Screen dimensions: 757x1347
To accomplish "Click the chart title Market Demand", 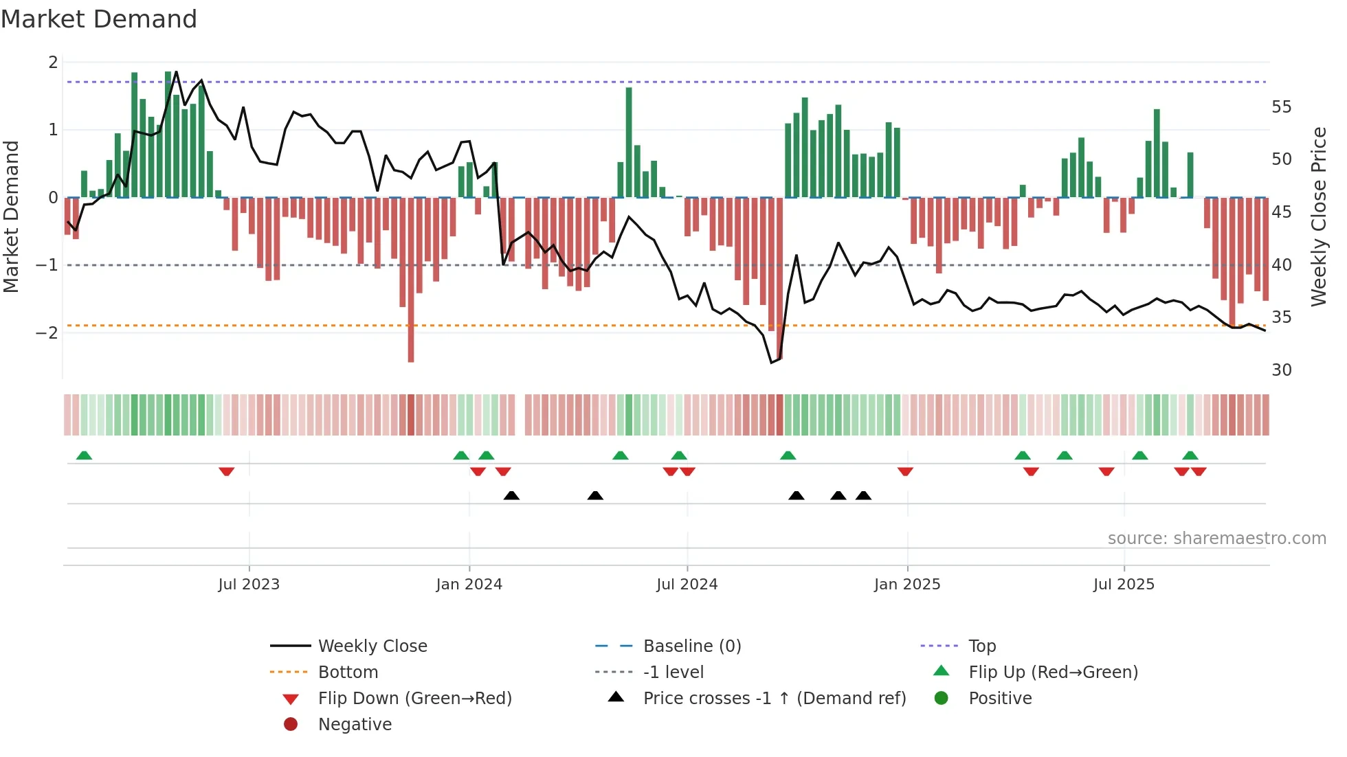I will pos(99,19).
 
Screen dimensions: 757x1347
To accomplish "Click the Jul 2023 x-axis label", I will pos(249,585).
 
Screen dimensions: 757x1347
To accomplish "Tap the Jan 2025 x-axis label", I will pos(906,585).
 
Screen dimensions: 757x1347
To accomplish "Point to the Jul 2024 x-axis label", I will pos(687,585).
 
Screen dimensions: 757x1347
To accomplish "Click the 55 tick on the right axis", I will pos(1281,107).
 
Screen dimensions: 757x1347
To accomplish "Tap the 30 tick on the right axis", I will pos(1281,370).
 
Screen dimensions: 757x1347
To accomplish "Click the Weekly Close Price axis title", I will pos(1318,216).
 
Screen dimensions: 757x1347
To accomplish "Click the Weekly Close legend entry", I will pos(372,646).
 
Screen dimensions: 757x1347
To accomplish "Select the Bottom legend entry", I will pos(348,673).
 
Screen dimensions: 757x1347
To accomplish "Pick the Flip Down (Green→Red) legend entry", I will pos(414,699).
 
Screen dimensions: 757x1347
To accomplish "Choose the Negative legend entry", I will pos(355,725).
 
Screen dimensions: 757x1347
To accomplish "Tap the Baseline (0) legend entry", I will pos(691,646).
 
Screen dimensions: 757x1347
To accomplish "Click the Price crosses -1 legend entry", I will pos(774,699).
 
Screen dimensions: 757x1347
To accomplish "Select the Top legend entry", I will pos(981,646).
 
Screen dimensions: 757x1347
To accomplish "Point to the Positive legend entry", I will pos(999,699).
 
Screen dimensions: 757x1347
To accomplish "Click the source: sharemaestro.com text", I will pos(1216,539).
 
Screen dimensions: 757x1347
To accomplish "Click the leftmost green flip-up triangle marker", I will pos(84,455).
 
